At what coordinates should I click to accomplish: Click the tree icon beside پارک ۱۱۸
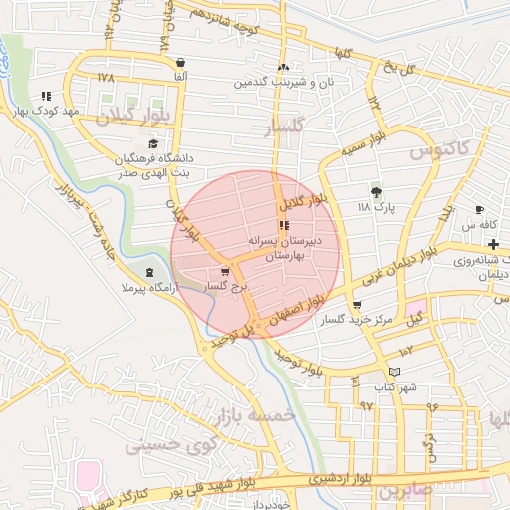point(376,192)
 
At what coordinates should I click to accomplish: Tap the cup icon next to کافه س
point(480,209)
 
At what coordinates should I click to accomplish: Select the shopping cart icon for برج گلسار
point(226,269)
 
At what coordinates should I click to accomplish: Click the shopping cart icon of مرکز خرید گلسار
point(358,305)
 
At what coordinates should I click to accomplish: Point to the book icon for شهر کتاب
point(395,372)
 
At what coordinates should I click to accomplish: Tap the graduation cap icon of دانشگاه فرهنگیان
point(152,144)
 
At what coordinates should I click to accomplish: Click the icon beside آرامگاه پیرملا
point(149,271)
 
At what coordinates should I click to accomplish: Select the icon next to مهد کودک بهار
point(46,97)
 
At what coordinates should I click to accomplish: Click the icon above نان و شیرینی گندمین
point(283,66)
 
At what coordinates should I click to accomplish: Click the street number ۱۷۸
point(108,76)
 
